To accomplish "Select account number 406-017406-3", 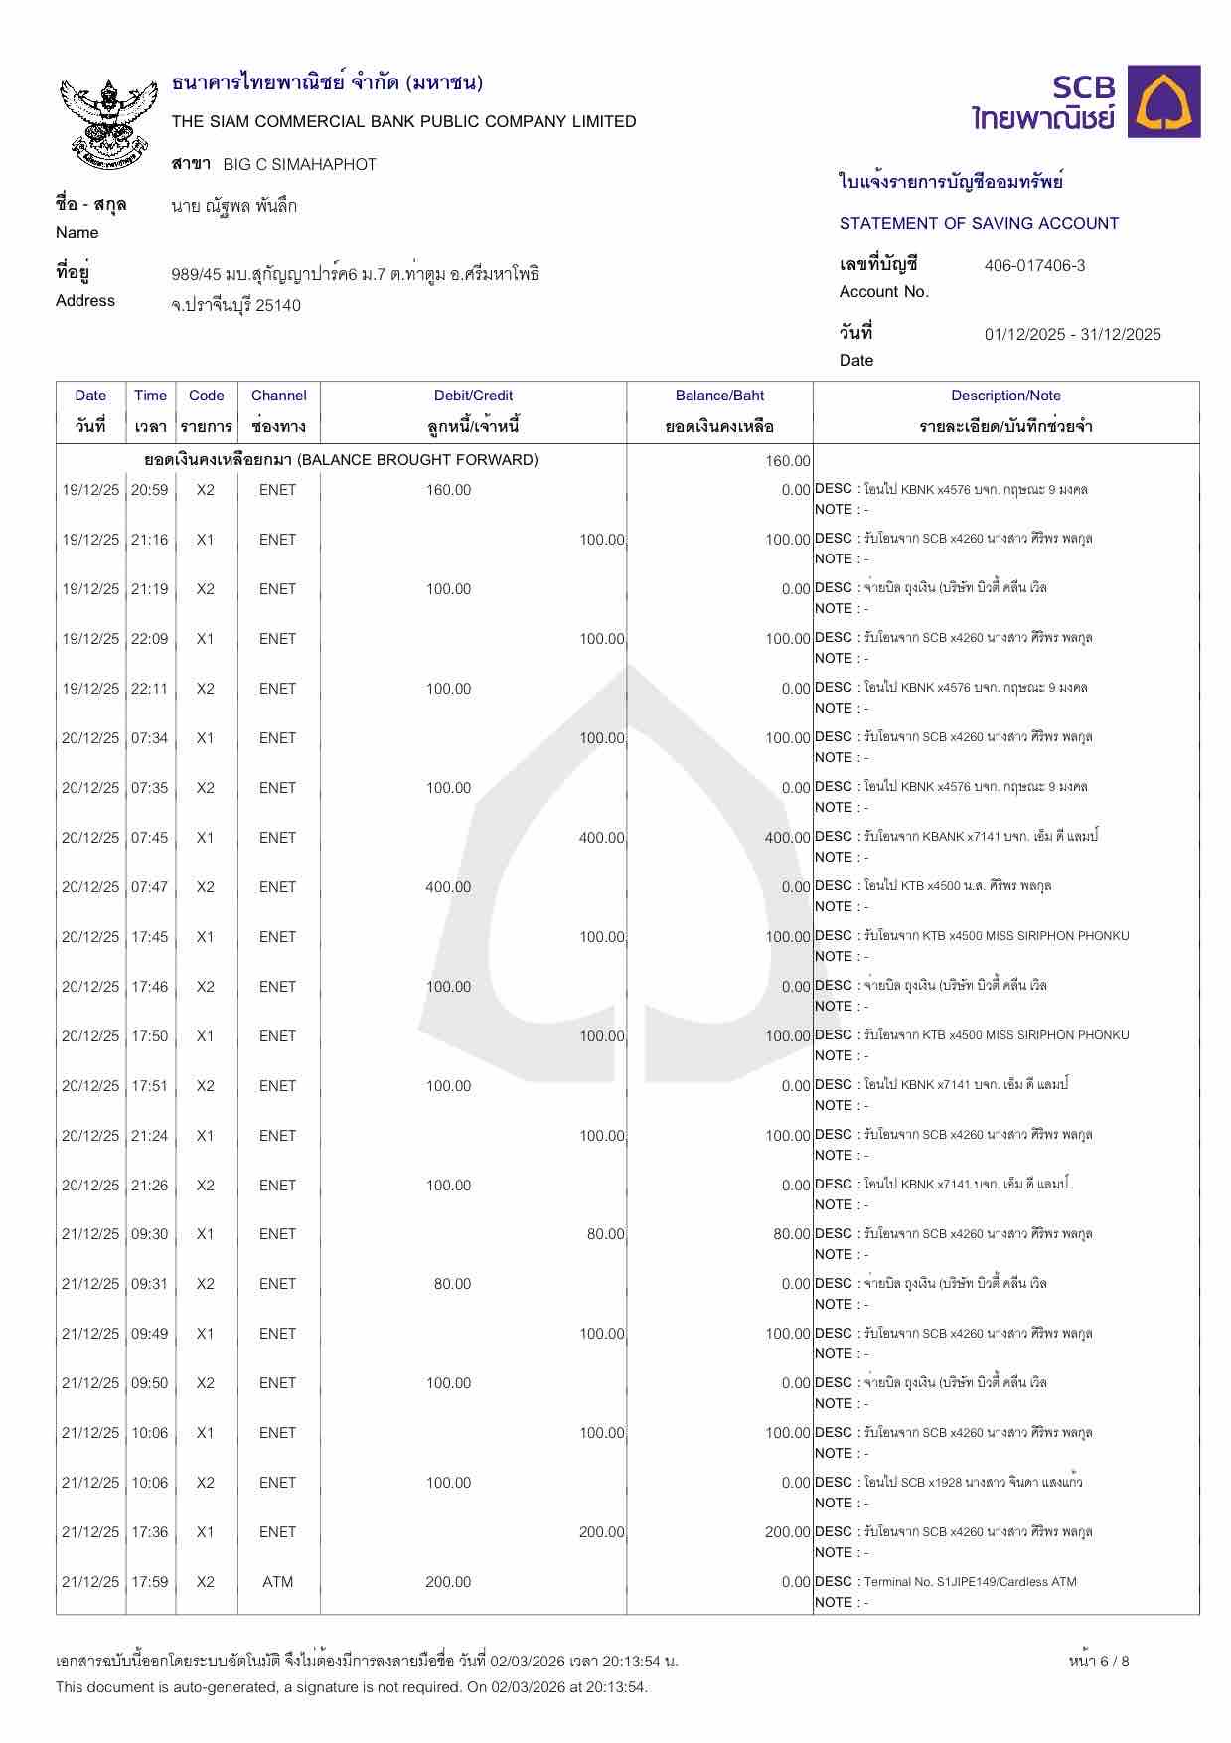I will pos(1034,265).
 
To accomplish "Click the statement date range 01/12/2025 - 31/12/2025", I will pos(1072,334).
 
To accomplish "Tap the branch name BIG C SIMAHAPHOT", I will pos(299,164).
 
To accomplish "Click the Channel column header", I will pos(278,396).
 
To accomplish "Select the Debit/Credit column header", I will pos(473,396).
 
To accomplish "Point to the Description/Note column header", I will pos(1005,396).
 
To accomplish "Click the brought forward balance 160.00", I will pos(788,461).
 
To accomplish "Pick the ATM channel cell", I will pos(277,1582).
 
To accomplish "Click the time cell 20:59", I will pos(150,490).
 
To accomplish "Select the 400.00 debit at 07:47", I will pos(448,887).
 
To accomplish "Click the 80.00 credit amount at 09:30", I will pos(605,1234).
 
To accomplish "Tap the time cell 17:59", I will pos(150,1582).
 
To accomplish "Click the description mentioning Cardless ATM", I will pos(970,1582).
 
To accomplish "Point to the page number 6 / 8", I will pos(1099,1661).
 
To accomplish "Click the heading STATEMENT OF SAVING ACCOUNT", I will pos(979,223).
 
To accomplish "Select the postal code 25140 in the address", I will pos(278,306).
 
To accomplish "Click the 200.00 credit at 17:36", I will pos(601,1532).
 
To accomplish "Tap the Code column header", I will pos(206,396).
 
